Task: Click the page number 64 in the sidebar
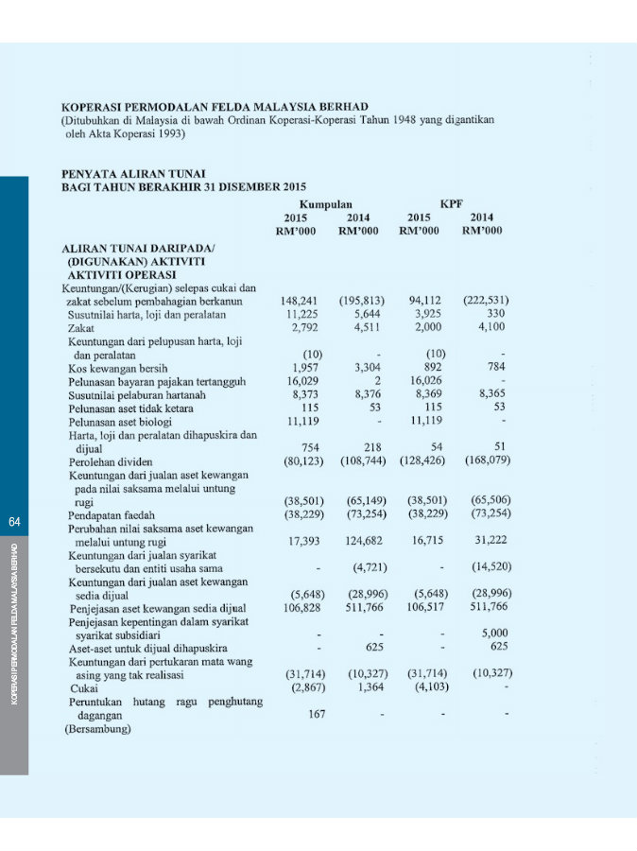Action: [14, 522]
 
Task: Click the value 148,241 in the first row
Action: [301, 301]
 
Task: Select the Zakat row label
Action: [82, 328]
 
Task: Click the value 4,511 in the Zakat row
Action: [363, 327]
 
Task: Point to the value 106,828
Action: [304, 607]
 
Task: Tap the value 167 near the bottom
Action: [317, 714]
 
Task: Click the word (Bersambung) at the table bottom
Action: [97, 730]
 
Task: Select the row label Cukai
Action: [82, 688]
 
